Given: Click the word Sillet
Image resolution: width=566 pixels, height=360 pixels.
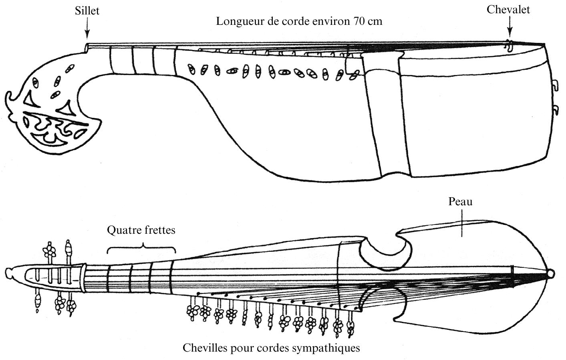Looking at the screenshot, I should pyautogui.click(x=87, y=11).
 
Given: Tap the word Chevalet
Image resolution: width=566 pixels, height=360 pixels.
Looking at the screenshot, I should pyautogui.click(x=508, y=10).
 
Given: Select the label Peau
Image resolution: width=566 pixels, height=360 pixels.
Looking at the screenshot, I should pyautogui.click(x=460, y=201).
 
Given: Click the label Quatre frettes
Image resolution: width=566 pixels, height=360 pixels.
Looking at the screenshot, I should pyautogui.click(x=141, y=230).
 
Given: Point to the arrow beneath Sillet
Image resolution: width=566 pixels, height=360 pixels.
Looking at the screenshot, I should pyautogui.click(x=87, y=30).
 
